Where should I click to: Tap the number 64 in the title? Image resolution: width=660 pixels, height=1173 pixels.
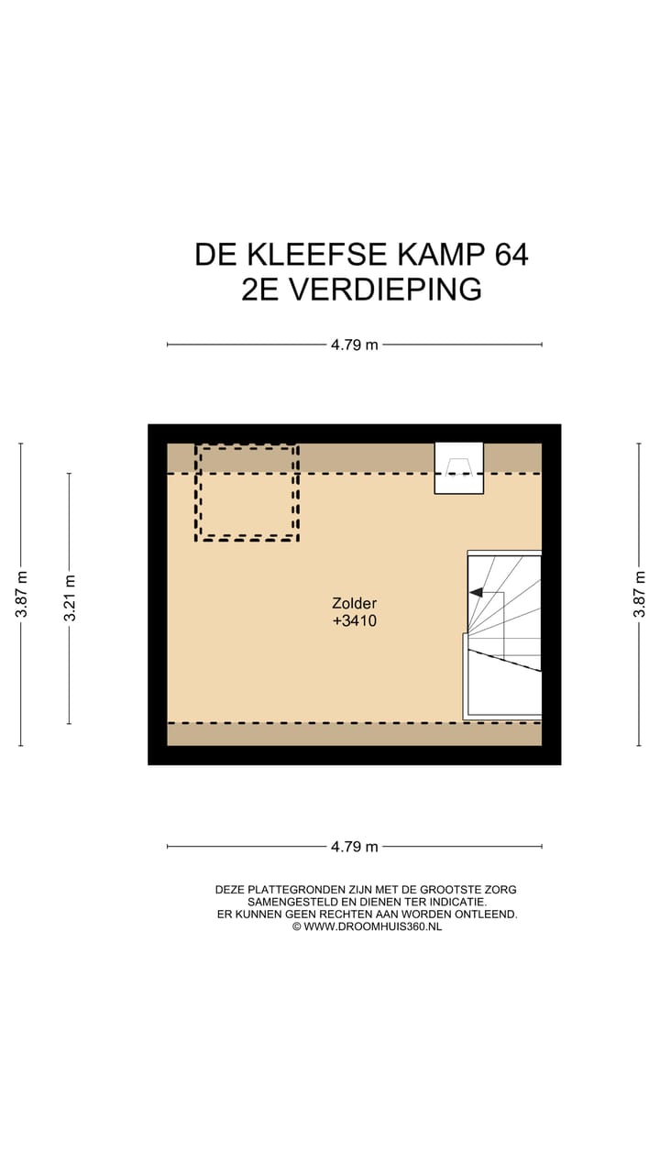tap(511, 254)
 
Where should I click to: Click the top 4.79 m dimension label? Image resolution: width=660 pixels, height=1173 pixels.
tap(355, 345)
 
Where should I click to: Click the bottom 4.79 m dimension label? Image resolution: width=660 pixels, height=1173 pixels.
tap(355, 847)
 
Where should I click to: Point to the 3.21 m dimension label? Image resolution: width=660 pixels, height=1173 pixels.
tap(70, 597)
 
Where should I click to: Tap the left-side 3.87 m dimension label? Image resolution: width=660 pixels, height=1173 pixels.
tap(21, 594)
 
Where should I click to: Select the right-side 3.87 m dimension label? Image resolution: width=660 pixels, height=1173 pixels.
tap(640, 594)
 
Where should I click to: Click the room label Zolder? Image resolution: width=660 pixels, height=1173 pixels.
tap(355, 603)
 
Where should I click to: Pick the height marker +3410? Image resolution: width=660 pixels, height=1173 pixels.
tap(355, 620)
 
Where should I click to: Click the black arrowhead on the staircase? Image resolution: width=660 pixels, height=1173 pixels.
tap(476, 593)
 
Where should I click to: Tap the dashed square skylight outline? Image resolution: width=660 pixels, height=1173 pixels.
tap(247, 492)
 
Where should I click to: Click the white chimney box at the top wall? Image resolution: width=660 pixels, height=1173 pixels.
tap(458, 467)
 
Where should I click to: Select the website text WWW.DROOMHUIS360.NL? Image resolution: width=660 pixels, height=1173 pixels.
tap(372, 926)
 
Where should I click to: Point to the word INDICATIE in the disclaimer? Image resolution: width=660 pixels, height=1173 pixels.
tap(455, 902)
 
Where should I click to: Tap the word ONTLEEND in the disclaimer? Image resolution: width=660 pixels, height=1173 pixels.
tap(487, 914)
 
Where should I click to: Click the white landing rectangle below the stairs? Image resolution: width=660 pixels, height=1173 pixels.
tap(503, 693)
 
